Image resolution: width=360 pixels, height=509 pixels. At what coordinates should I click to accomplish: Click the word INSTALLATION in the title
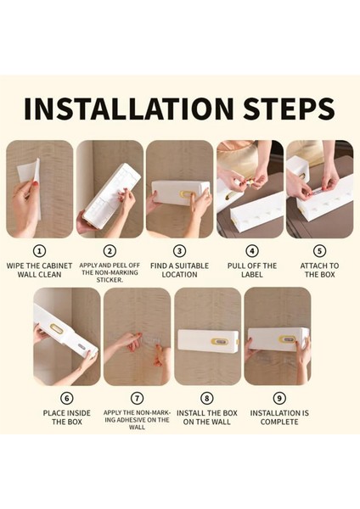129,108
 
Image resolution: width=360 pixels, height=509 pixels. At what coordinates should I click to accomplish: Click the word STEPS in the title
289,108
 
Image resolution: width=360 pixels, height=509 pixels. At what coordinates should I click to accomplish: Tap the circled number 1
40,251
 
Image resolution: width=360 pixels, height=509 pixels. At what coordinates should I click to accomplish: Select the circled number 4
252,251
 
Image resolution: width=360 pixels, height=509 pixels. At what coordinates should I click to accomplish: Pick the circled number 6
66,398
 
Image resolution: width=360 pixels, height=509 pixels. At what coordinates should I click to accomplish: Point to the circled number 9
279,398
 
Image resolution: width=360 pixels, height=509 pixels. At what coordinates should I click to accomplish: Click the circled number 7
137,398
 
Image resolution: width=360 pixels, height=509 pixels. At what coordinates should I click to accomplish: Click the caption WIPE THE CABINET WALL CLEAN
39,270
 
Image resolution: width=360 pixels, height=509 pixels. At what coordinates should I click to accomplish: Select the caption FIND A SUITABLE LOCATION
179,270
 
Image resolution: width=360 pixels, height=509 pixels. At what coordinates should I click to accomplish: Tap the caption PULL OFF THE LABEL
252,270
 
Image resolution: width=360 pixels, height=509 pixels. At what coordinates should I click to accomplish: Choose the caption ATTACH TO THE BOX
320,270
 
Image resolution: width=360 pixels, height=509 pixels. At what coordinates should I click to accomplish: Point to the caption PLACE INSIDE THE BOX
66,417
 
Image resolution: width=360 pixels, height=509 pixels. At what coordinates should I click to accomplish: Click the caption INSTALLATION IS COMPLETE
279,417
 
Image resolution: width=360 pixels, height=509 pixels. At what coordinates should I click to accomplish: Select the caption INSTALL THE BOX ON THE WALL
207,417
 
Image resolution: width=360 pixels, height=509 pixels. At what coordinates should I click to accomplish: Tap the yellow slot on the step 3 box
186,194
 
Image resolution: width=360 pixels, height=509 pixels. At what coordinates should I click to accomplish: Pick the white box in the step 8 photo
208,343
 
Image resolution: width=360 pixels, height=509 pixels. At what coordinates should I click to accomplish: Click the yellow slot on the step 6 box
58,329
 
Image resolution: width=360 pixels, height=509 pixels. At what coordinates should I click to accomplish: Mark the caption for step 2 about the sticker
110,272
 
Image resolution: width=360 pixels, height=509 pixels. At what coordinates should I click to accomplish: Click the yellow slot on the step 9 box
288,339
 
